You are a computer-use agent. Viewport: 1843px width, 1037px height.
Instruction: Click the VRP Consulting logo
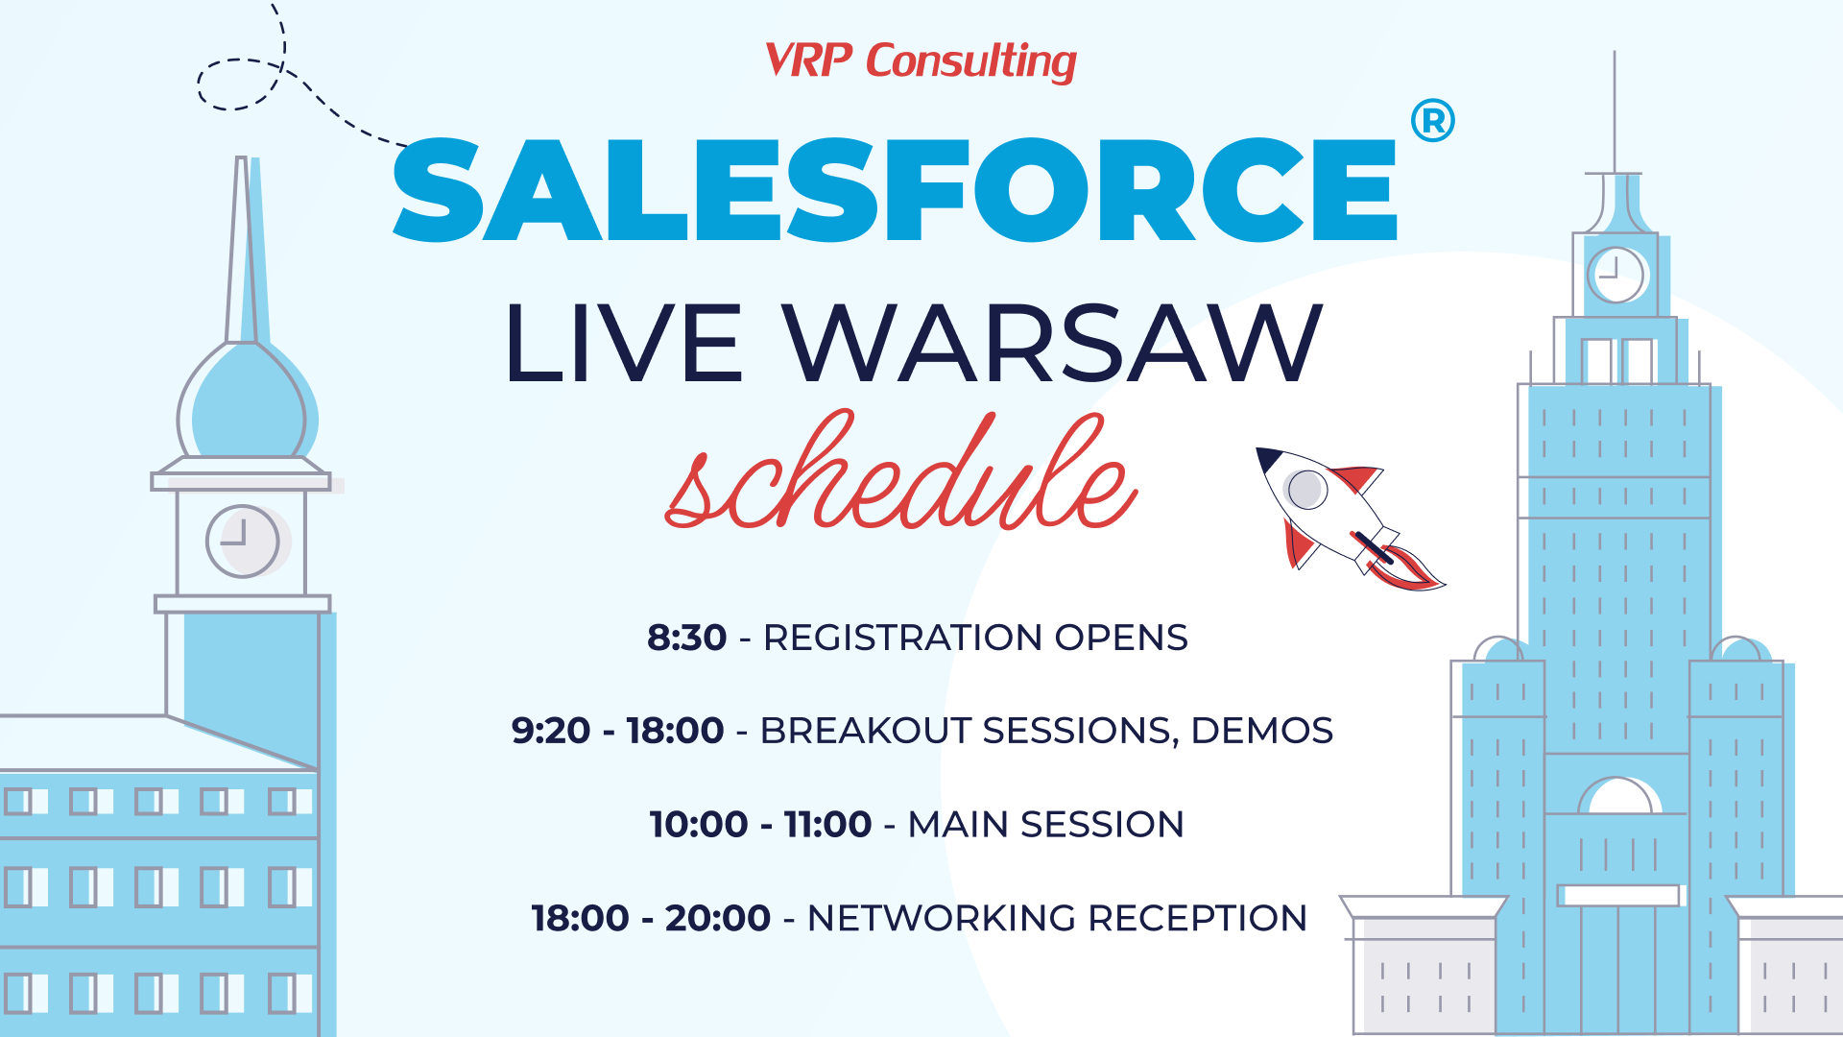pos(921,61)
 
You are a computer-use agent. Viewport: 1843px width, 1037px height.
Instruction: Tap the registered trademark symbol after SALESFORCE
pos(1432,121)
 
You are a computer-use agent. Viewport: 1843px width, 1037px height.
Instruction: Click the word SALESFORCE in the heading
pos(895,189)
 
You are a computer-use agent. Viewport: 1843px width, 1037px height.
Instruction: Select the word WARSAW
pos(1053,343)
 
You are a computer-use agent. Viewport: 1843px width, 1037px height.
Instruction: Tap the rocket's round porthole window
pos(1306,490)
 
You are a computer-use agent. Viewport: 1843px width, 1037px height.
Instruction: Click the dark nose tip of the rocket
pos(1268,458)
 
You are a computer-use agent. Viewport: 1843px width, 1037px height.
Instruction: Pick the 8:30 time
pos(686,638)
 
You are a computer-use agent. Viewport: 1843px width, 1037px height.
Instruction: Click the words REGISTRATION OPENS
pos(975,638)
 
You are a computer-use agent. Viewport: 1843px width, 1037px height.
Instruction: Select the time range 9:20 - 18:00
pos(617,731)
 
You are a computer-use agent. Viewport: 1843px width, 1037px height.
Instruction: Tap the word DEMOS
pos(1261,731)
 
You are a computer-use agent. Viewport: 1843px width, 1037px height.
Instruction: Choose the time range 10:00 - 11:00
pos(760,824)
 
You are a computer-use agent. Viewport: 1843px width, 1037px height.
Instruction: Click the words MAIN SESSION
pos(1045,824)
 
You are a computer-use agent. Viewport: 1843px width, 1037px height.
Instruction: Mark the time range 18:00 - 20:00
pos(651,918)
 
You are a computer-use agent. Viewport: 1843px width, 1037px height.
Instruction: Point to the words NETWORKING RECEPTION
pos(1057,918)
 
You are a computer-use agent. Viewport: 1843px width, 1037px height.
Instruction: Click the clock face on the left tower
pos(242,541)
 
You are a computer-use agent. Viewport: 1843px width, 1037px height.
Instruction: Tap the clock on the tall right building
pos(1616,275)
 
